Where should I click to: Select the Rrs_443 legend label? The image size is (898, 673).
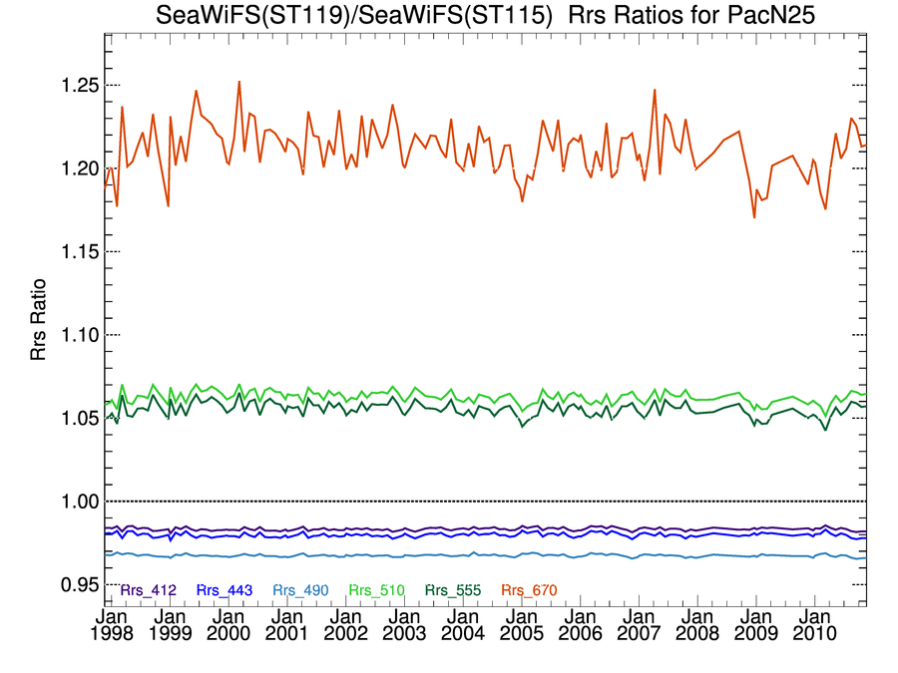(x=224, y=590)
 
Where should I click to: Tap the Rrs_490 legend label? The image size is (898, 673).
(x=300, y=590)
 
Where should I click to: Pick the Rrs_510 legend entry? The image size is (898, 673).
(x=377, y=590)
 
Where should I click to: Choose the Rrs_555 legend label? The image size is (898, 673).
(x=453, y=590)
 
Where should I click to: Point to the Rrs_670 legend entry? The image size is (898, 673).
(x=529, y=590)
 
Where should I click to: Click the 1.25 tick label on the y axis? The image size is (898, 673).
(x=76, y=85)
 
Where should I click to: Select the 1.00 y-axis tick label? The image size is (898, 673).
(x=76, y=501)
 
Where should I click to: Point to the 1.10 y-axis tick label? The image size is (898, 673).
(x=76, y=335)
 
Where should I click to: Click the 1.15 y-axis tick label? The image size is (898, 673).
(x=76, y=251)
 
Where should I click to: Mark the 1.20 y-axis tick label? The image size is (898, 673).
(x=76, y=168)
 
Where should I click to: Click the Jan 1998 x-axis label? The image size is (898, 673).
(x=112, y=623)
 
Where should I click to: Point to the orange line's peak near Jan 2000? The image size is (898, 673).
(x=239, y=82)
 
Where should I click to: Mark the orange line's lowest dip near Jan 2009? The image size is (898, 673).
(x=754, y=216)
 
